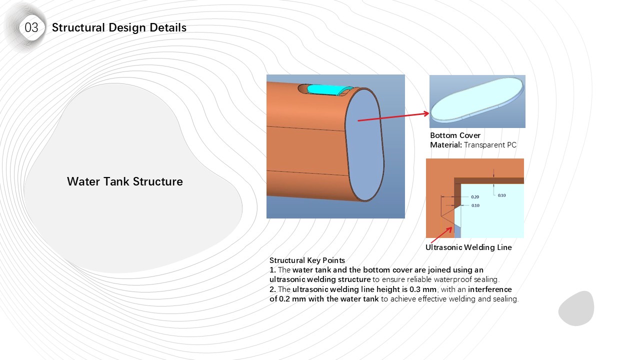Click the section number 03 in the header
tap(31, 27)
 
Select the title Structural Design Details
tap(119, 27)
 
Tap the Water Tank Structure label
tap(125, 181)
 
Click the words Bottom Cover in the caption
tap(455, 135)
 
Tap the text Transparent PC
tap(490, 145)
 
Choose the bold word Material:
tap(446, 145)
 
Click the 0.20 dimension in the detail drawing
tap(475, 197)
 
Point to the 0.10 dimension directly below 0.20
tap(475, 205)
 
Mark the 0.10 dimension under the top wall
tap(501, 195)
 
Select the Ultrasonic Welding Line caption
tap(468, 247)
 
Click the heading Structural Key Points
tap(307, 260)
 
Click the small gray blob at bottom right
tap(576, 308)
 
